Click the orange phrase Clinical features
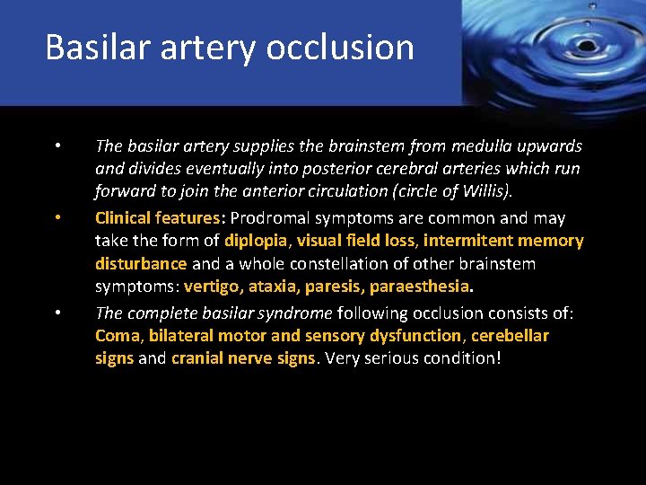pos(157,217)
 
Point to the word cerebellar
pos(509,336)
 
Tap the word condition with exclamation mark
pos(461,358)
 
